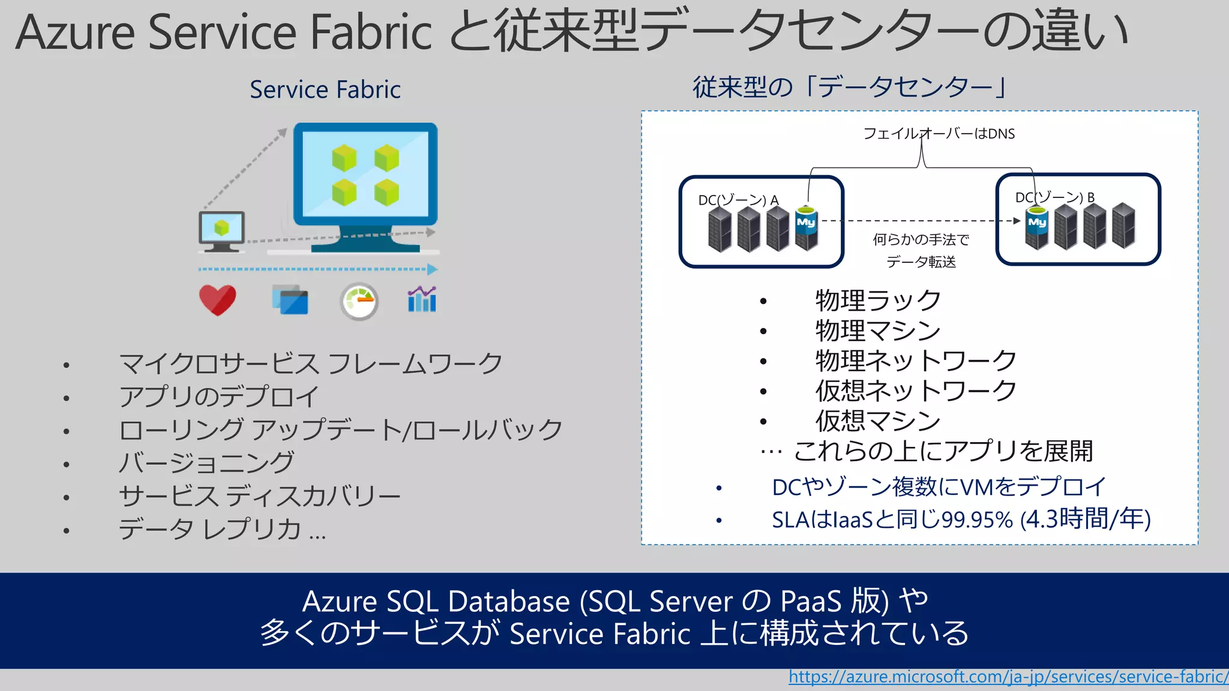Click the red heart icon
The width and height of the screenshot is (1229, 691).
pyautogui.click(x=217, y=299)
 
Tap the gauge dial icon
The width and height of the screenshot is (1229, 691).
pyautogui.click(x=359, y=301)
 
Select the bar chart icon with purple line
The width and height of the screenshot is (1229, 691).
pyautogui.click(x=422, y=299)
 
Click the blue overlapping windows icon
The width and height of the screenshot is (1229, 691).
pyautogui.click(x=290, y=299)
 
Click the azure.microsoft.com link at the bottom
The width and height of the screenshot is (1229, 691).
pyautogui.click(x=1008, y=677)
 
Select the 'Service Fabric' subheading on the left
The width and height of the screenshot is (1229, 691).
pyautogui.click(x=325, y=90)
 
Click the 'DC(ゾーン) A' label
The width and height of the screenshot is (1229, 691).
pyautogui.click(x=738, y=200)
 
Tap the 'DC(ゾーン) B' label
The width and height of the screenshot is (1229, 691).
pyautogui.click(x=1054, y=197)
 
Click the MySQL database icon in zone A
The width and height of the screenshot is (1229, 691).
pyautogui.click(x=806, y=228)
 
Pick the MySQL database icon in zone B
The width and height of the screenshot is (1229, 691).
pyautogui.click(x=1037, y=227)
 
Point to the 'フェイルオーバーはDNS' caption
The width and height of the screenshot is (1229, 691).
pyautogui.click(x=939, y=134)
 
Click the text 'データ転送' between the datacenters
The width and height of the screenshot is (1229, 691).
pyautogui.click(x=921, y=262)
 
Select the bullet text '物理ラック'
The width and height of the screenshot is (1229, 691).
pyautogui.click(x=878, y=301)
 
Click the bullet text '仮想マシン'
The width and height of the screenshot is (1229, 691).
pyautogui.click(x=878, y=421)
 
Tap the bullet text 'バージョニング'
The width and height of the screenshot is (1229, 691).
pyautogui.click(x=206, y=462)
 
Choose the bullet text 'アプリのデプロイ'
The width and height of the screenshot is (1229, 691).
pyautogui.click(x=219, y=396)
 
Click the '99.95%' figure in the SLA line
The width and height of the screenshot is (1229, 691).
pyautogui.click(x=977, y=519)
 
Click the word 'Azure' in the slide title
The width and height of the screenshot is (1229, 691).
pyautogui.click(x=76, y=32)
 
